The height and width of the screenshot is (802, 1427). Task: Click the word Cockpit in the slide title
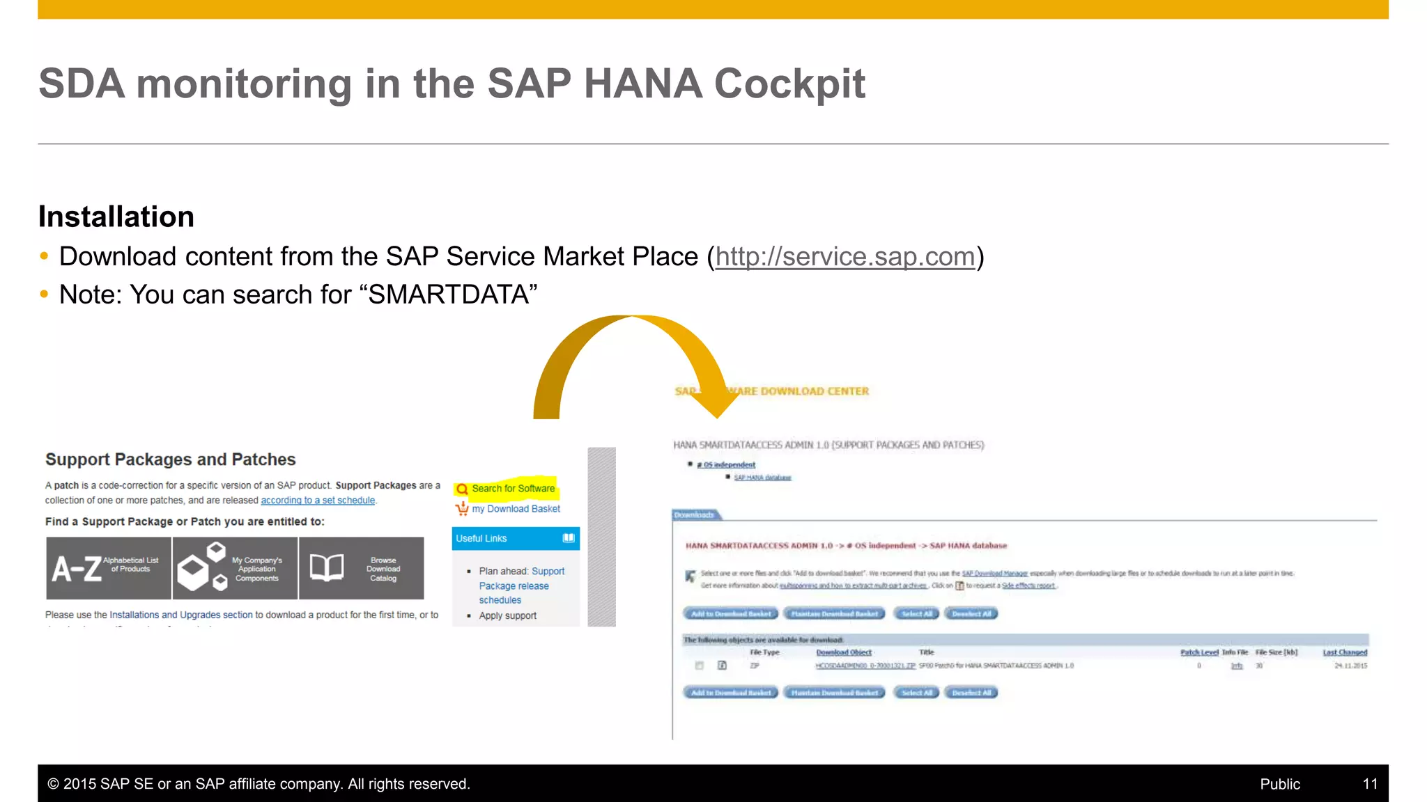tap(789, 84)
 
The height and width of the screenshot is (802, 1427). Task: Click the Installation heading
tap(116, 217)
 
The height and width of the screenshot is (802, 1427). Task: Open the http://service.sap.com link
tap(844, 257)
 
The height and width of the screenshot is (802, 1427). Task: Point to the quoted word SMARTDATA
tap(452, 295)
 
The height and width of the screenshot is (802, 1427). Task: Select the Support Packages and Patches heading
tap(171, 459)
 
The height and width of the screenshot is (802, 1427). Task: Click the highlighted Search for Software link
tap(513, 489)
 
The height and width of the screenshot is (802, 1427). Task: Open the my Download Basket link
tap(516, 509)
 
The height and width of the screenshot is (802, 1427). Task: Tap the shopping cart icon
tap(462, 509)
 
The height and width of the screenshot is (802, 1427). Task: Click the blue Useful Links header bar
tap(515, 538)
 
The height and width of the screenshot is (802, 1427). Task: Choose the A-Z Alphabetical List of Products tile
tap(109, 568)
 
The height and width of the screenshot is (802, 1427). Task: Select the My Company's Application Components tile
tap(235, 568)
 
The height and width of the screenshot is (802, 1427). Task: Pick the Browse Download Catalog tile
tap(361, 568)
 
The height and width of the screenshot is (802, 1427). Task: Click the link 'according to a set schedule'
tap(318, 501)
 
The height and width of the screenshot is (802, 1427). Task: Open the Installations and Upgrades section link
tap(181, 615)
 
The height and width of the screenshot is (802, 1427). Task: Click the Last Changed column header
tap(1345, 652)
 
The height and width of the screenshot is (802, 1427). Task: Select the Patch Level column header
tap(1199, 652)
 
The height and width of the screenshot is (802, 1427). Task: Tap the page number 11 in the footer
tap(1370, 784)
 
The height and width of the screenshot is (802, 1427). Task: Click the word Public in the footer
tap(1280, 784)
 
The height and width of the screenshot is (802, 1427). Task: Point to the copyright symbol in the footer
tap(53, 784)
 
